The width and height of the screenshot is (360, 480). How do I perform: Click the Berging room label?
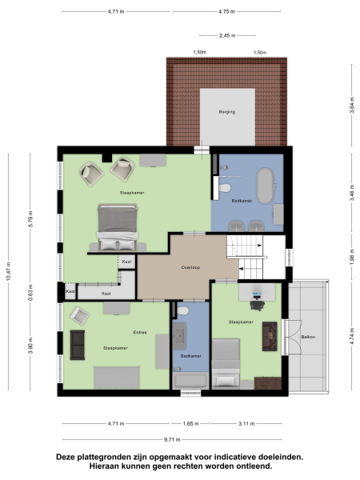click(227, 113)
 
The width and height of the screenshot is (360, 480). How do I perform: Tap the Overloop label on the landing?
click(190, 267)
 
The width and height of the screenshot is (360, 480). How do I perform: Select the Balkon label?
click(308, 337)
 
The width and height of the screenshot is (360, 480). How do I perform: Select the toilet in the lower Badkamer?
click(184, 311)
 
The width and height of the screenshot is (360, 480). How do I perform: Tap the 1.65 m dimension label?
click(190, 423)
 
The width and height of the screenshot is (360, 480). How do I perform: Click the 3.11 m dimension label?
click(246, 423)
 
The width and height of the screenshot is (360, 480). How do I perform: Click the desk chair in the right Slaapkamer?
click(258, 303)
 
